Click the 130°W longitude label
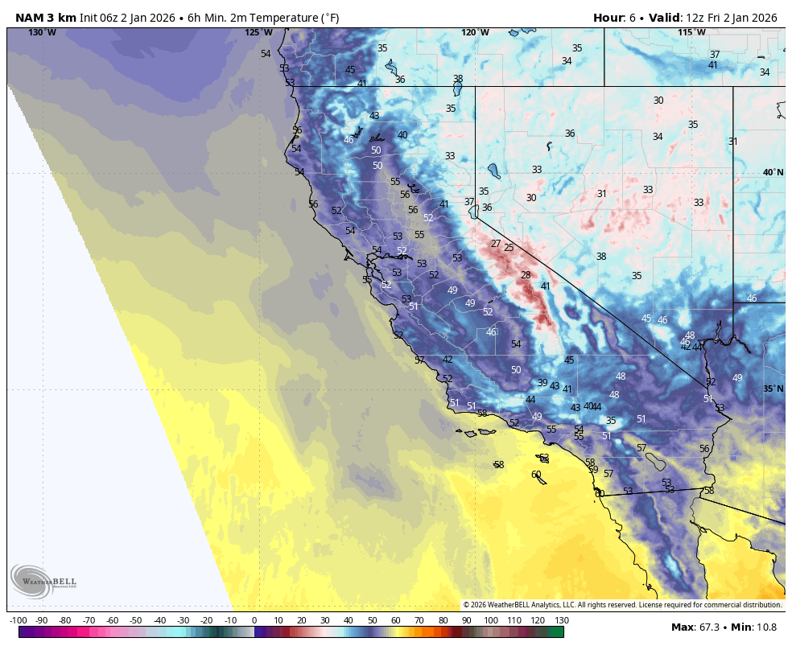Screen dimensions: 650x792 click(43, 32)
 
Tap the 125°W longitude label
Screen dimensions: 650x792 click(258, 32)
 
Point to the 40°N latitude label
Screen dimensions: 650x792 click(773, 172)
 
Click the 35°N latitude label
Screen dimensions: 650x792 click(773, 389)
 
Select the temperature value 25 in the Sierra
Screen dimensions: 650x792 click(509, 248)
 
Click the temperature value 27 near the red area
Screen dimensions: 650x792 click(496, 244)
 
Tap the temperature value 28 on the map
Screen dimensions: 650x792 click(526, 275)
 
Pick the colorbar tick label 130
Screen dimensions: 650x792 click(562, 620)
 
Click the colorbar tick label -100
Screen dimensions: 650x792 click(19, 620)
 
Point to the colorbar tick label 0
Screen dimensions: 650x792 click(254, 620)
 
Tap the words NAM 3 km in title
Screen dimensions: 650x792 click(46, 18)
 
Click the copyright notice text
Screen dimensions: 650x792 click(622, 604)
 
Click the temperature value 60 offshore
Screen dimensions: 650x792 click(536, 475)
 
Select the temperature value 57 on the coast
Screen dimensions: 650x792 click(419, 360)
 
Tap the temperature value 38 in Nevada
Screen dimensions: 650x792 click(601, 257)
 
